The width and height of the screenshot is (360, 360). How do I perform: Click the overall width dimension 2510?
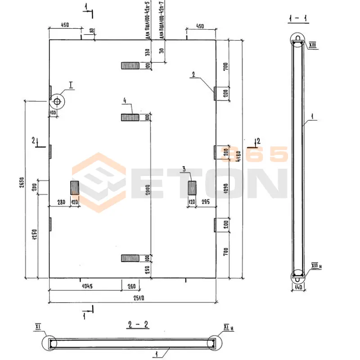pyautogui.click(x=131, y=299)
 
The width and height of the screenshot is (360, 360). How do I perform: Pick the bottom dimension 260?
pyautogui.click(x=131, y=286)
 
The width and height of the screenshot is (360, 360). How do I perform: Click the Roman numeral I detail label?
pyautogui.click(x=71, y=84)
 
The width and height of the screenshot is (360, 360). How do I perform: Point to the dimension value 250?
pyautogui.click(x=147, y=270)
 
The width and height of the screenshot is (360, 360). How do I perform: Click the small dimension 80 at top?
pyautogui.click(x=92, y=31)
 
